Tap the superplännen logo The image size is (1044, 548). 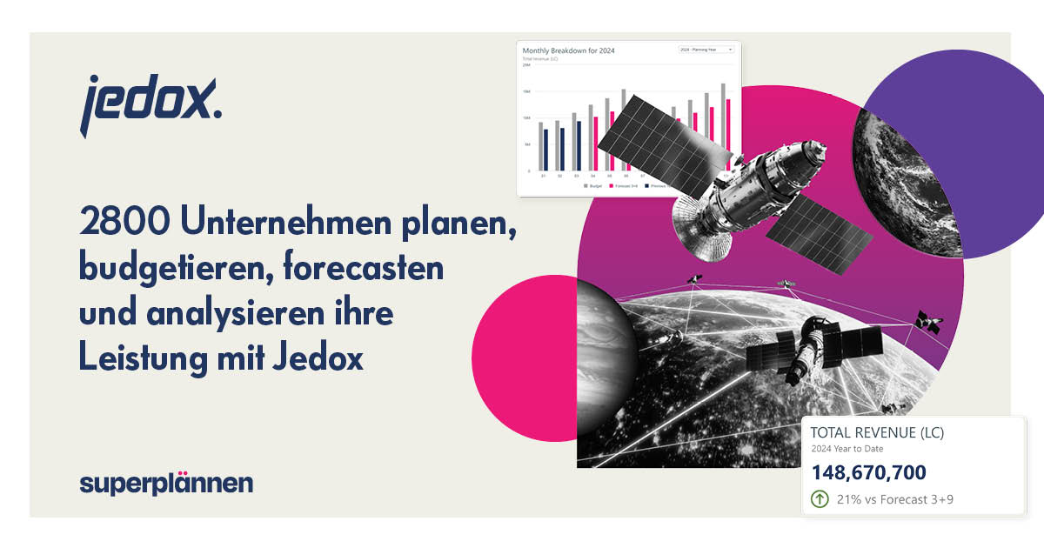[166, 483]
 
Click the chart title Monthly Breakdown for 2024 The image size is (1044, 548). [569, 51]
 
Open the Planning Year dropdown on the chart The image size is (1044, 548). [706, 50]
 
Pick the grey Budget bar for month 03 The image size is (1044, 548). [574, 142]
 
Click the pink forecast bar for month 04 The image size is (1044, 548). [596, 144]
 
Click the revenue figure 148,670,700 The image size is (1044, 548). [868, 472]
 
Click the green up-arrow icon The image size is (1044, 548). [819, 499]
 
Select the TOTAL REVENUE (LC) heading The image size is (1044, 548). [877, 432]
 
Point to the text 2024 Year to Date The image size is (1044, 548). [847, 449]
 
